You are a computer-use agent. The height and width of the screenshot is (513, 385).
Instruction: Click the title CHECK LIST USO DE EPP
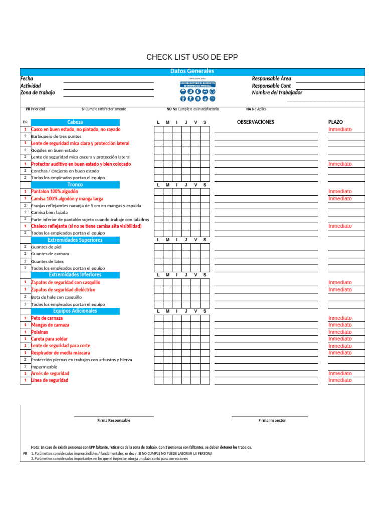pyautogui.click(x=192, y=57)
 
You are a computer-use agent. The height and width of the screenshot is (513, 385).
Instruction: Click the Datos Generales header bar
pyautogui.click(x=192, y=71)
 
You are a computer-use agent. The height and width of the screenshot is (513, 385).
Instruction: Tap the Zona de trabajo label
pyautogui.click(x=38, y=93)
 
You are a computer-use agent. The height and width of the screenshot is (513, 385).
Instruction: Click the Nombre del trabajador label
pyautogui.click(x=277, y=93)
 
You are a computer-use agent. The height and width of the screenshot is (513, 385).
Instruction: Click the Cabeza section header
pyautogui.click(x=75, y=122)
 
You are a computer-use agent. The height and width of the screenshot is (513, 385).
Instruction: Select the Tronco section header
pyautogui.click(x=75, y=185)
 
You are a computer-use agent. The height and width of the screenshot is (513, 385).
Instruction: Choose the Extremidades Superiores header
pyautogui.click(x=75, y=240)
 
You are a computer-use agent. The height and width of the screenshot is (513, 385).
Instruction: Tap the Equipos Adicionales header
pyautogui.click(x=75, y=311)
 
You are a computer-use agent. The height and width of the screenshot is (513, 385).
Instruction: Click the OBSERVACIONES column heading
pyautogui.click(x=256, y=122)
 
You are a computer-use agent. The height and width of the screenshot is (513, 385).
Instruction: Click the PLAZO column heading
pyautogui.click(x=335, y=122)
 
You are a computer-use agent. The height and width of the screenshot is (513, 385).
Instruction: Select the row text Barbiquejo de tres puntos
pyautogui.click(x=56, y=136)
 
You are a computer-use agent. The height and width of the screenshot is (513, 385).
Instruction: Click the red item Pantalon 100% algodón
pyautogui.click(x=55, y=192)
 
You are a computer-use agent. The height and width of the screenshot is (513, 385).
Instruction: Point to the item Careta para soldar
pyautogui.click(x=50, y=339)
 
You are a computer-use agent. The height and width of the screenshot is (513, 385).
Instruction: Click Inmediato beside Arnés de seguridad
pyautogui.click(x=340, y=373)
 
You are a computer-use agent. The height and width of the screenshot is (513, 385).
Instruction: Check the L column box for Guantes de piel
pyautogui.click(x=158, y=247)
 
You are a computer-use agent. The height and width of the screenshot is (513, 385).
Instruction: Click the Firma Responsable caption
pyautogui.click(x=114, y=420)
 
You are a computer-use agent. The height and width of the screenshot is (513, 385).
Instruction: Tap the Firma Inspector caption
pyautogui.click(x=272, y=420)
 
